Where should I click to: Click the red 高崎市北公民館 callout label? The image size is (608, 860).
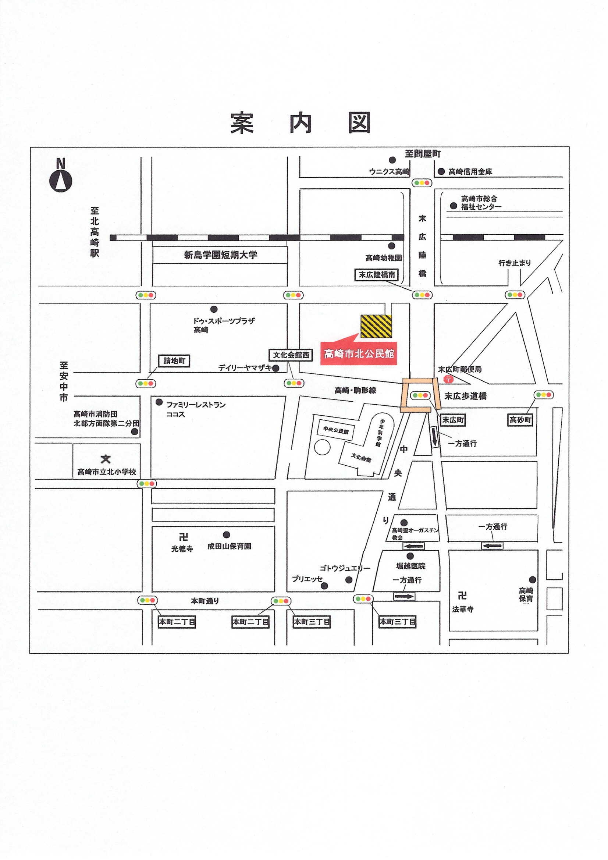359,353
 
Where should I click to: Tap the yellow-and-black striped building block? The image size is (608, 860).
376,326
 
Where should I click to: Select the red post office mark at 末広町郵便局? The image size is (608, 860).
448,379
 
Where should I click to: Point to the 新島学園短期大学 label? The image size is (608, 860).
221,255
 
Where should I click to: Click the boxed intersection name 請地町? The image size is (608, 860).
174,361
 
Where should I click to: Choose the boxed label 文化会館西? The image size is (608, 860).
291,355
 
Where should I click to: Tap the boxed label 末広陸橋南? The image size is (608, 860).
377,274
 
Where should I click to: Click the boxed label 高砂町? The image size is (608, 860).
520,420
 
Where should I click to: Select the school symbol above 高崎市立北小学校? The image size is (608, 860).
106,459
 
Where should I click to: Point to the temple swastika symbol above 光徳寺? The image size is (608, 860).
183,537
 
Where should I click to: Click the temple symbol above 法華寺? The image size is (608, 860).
462,595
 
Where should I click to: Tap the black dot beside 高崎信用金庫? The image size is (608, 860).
441,171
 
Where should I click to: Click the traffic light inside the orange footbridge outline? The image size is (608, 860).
420,395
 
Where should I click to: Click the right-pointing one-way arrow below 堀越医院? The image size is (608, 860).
404,596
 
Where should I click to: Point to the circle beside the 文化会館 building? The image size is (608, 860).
322,447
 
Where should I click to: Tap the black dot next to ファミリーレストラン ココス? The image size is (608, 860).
159,402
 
